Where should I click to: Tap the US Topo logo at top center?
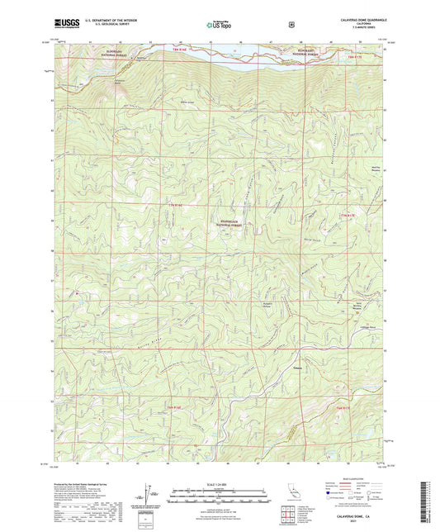click(x=219, y=26)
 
